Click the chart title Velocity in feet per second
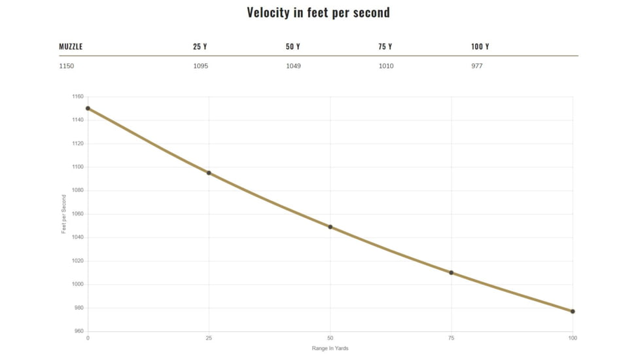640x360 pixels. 318,12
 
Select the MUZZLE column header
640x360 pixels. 71,47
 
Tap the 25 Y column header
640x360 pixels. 200,47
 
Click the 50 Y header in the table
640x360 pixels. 293,47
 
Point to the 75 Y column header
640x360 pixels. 385,47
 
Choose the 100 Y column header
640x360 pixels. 480,47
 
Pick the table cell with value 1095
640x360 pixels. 200,66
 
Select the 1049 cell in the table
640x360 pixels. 293,66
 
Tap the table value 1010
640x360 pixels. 386,66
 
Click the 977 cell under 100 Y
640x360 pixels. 476,66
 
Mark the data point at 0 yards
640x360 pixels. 88,109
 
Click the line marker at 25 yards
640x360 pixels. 209,173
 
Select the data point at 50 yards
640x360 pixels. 330,227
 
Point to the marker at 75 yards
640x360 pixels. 451,272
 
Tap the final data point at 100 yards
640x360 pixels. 573,312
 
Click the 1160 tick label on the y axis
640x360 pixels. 78,97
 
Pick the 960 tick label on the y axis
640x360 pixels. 79,331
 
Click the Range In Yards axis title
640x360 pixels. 330,348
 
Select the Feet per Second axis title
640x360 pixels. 64,214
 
